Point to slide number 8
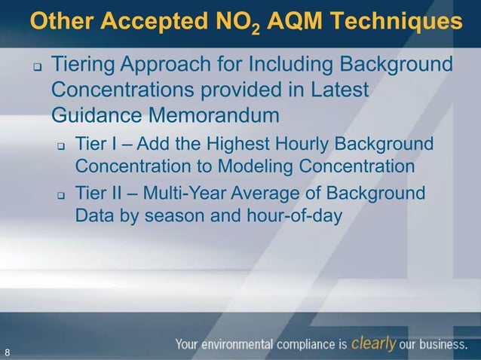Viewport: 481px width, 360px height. pos(8,352)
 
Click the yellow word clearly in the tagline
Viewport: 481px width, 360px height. pos(374,344)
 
